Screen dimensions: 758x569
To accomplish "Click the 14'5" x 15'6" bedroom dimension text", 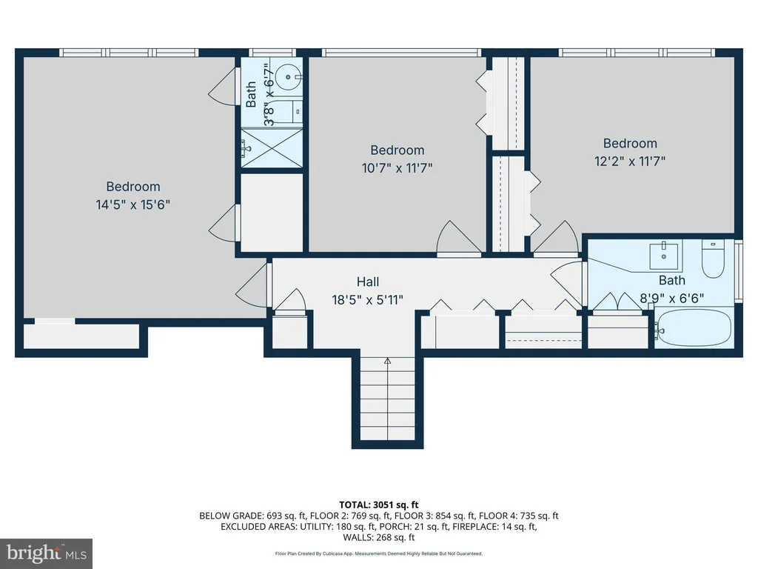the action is [133, 204].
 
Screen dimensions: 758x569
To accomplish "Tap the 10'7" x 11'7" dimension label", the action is [397, 168].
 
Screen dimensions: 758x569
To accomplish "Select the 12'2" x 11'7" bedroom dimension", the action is [630, 161].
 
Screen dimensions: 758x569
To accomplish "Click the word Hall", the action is [368, 282].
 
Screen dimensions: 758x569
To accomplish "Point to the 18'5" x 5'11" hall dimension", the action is [367, 300].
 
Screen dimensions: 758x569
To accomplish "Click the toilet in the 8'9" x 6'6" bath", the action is [713, 259].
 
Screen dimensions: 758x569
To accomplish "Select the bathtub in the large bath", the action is [694, 327].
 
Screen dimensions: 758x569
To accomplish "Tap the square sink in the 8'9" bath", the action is [663, 256].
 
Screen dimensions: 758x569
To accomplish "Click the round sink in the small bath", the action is [289, 77].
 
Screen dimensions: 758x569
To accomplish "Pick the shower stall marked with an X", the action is [272, 148].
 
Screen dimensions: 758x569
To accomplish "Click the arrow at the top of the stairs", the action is [388, 361].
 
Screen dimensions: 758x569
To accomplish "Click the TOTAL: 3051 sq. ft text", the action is [379, 505].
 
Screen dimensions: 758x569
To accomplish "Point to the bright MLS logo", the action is [46, 553].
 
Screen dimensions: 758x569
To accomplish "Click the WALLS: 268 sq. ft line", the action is [379, 537].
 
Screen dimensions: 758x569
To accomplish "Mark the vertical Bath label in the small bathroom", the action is [251, 94].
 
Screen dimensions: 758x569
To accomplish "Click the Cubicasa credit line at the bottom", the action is [379, 553].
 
